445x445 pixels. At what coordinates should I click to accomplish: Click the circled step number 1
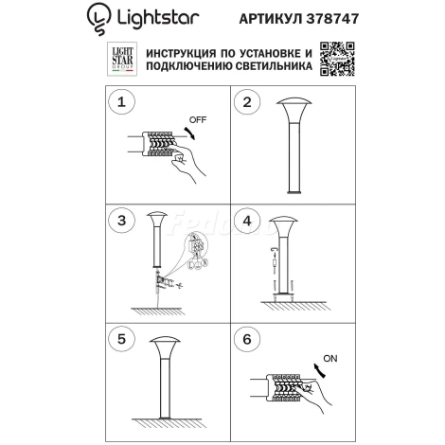click(x=119, y=100)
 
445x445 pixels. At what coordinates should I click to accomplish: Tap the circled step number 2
click(x=246, y=100)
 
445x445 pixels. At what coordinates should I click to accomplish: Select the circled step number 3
click(x=119, y=222)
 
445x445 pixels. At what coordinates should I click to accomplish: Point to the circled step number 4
click(x=246, y=222)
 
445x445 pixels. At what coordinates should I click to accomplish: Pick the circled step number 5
click(x=119, y=338)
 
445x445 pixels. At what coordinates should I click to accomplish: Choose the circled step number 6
click(x=246, y=338)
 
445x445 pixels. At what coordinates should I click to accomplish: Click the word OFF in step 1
click(x=197, y=121)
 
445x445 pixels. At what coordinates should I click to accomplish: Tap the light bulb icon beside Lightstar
click(x=97, y=15)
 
